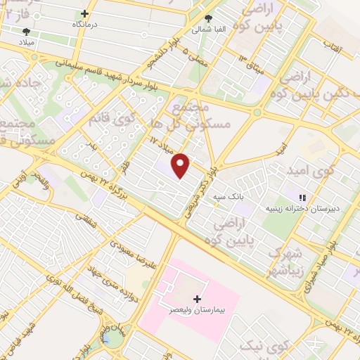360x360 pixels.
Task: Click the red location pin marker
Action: tap(181, 166)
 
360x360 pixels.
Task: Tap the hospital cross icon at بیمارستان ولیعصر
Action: tap(197, 299)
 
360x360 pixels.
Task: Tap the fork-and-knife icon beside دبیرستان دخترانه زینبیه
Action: tap(303, 198)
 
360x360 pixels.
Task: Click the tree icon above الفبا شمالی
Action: tap(208, 19)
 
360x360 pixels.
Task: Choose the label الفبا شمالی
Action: tap(207, 31)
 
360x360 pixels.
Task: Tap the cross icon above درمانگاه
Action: tap(85, 13)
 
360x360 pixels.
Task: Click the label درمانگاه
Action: tap(84, 25)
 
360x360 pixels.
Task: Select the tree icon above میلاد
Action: tap(27, 32)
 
